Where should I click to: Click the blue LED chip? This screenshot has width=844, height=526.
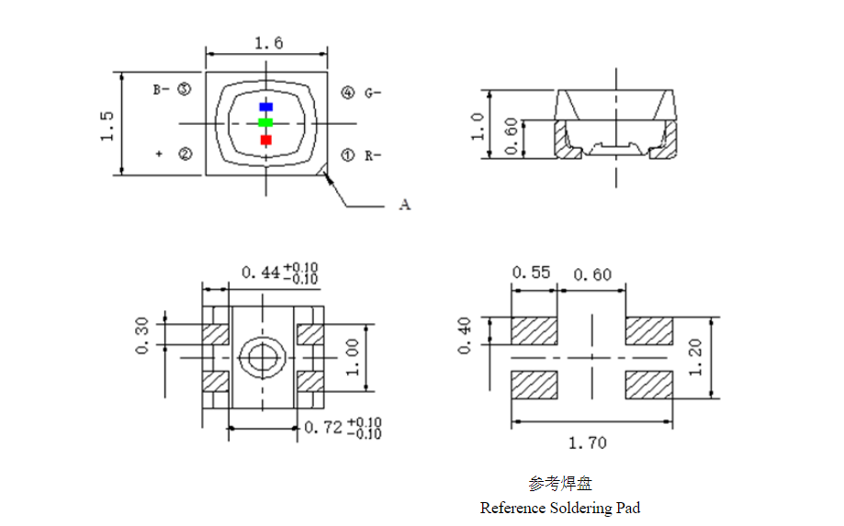(265, 106)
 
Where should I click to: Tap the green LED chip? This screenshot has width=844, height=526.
(265, 122)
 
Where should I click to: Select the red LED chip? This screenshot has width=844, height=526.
(266, 140)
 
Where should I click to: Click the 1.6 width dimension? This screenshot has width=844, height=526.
(267, 43)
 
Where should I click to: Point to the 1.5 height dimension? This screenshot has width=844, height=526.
(107, 125)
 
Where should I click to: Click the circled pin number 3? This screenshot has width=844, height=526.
(185, 90)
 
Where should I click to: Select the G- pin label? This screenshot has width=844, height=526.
(372, 93)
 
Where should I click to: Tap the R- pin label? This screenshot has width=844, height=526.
(372, 156)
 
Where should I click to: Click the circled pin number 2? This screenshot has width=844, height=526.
(185, 154)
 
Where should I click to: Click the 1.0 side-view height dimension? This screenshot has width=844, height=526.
(477, 125)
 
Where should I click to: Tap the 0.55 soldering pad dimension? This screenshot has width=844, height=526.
(531, 273)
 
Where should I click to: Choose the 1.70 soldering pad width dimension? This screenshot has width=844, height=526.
(587, 442)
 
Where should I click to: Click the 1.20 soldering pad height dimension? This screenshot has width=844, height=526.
(694, 357)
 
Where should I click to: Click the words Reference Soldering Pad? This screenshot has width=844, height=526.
(559, 508)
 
